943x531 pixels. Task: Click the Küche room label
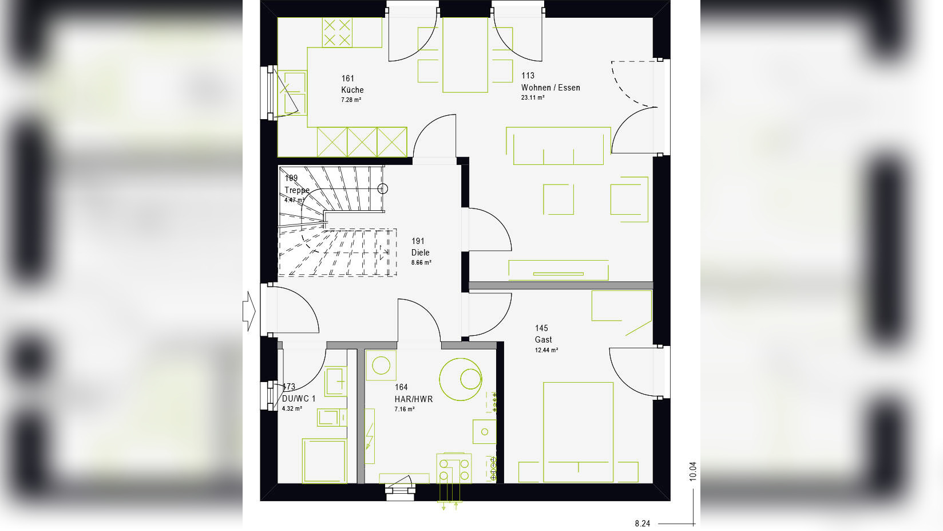[x=352, y=90]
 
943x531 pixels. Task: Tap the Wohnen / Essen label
[x=550, y=88]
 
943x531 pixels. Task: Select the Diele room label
[x=420, y=253]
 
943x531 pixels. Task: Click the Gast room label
[x=543, y=340]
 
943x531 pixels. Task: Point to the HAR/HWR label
[x=413, y=399]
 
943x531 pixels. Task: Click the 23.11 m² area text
[x=532, y=98]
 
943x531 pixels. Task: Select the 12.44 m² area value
[x=546, y=350]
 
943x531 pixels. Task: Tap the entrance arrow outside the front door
[x=248, y=311]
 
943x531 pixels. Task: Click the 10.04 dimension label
[x=692, y=471]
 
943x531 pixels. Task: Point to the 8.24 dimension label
[x=642, y=524]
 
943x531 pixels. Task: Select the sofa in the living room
[x=558, y=146]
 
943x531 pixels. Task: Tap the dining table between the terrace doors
[x=465, y=55]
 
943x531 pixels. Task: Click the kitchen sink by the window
[x=292, y=92]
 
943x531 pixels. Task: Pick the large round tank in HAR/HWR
[x=461, y=379]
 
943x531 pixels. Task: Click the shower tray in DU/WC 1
[x=324, y=461]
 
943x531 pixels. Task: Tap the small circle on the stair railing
[x=383, y=188]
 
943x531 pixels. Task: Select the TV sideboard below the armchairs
[x=558, y=270]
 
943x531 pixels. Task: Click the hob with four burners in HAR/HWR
[x=454, y=467]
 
